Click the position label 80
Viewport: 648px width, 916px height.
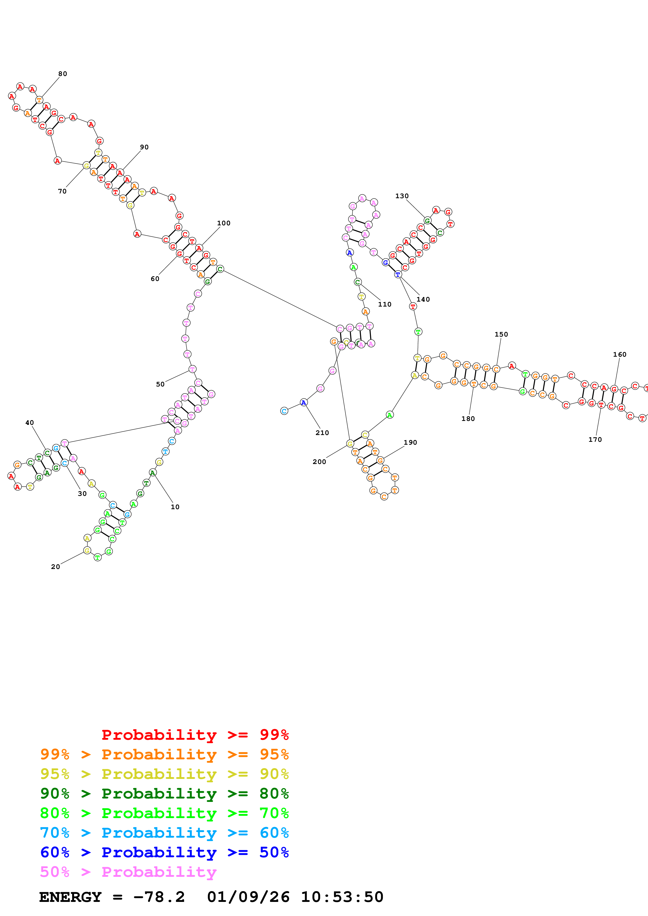coord(63,74)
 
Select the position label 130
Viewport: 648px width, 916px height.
coord(402,196)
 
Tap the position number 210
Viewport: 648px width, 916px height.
coord(322,433)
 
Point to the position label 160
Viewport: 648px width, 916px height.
coord(620,355)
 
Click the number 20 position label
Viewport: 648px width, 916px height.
coord(55,567)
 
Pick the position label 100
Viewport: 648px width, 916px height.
coord(223,223)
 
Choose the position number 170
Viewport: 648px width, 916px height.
coord(595,440)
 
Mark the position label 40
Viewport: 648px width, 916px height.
coord(30,422)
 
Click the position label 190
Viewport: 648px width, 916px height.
coord(410,442)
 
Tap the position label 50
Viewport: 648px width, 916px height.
coord(160,384)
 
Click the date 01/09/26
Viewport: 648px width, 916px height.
coord(248,897)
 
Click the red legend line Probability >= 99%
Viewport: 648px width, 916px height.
coord(195,735)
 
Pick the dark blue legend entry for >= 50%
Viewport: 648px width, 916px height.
coord(164,852)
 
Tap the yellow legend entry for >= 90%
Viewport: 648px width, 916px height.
coord(164,774)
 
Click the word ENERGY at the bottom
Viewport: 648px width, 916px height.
coord(70,897)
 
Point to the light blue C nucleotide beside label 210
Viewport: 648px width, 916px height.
coord(284,411)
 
